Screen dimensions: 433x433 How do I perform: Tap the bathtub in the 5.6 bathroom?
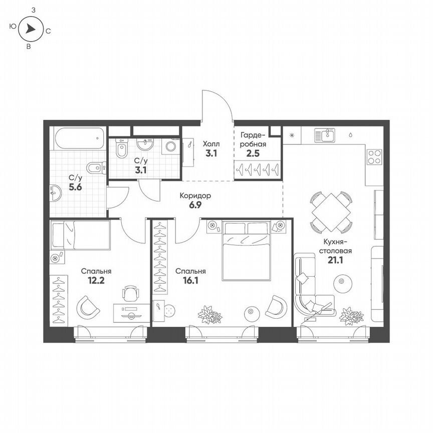coord(80,138)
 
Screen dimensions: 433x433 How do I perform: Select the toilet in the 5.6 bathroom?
coord(95,167)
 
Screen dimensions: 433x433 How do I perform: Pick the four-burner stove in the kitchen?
coord(374,157)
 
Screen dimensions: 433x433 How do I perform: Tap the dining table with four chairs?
coord(331,212)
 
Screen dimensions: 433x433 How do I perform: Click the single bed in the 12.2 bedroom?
coord(80,235)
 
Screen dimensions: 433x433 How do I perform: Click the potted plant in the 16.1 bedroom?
coord(209,315)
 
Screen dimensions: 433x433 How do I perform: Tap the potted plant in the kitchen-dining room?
coord(351,316)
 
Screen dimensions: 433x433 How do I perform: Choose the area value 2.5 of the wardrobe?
coord(253,153)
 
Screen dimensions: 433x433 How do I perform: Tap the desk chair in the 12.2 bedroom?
coord(130,293)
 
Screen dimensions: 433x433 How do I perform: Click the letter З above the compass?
coord(33,10)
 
